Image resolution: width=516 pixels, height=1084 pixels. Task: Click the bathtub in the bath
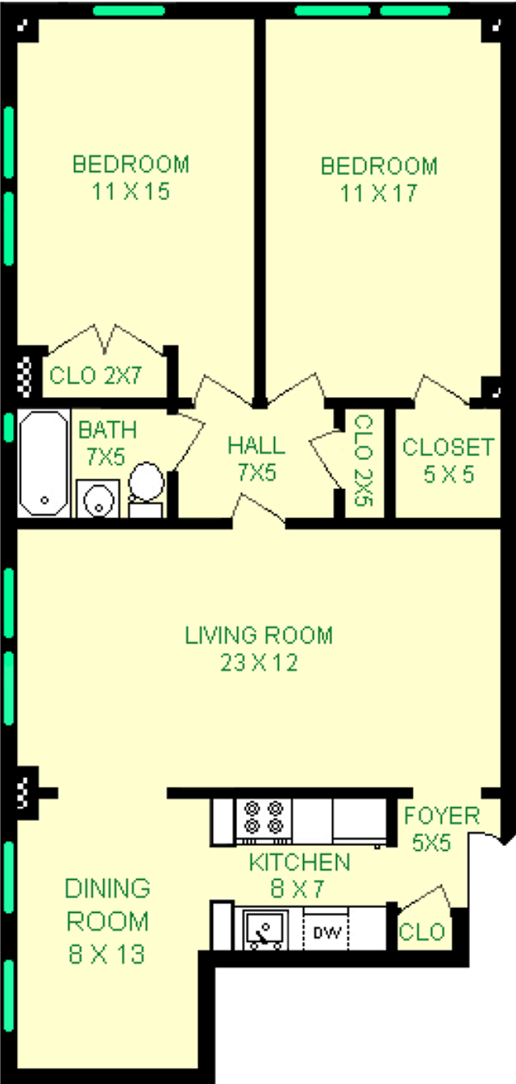coord(44,463)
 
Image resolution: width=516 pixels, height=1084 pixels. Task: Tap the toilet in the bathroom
coord(146,490)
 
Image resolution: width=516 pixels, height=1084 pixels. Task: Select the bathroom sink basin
coord(98,499)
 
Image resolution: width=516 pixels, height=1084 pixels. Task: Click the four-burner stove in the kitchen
coord(264,817)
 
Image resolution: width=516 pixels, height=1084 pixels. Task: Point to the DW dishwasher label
coord(327,931)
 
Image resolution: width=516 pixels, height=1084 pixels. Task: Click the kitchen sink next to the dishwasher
coord(265,930)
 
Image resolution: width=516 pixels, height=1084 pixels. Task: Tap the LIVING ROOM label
coord(259,635)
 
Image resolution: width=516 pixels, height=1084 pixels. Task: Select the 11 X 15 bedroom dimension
coord(131,191)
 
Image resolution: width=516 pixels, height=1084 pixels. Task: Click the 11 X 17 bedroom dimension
coord(379,193)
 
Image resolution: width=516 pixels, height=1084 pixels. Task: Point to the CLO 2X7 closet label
coord(95,375)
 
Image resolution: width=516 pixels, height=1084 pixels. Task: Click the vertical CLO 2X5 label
coord(364,460)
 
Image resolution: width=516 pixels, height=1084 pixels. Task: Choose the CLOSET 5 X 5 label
coord(448,460)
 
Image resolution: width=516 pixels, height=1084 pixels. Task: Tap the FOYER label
coord(442,816)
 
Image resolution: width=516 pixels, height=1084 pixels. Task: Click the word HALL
coord(256,446)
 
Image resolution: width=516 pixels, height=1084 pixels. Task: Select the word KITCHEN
coord(300,862)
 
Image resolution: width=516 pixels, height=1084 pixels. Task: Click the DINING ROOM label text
coord(107,905)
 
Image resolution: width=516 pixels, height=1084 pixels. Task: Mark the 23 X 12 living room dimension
coord(259,663)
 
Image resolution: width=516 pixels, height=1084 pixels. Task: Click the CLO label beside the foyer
coord(422,931)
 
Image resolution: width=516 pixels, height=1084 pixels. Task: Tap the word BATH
coord(107,429)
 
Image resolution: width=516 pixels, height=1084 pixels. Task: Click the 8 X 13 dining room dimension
coord(106,954)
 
